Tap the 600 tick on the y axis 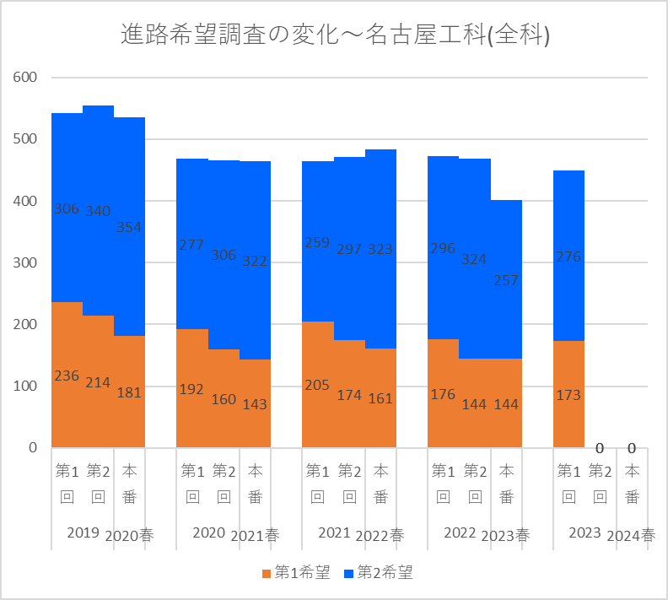click(x=26, y=78)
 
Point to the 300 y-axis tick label click(x=26, y=262)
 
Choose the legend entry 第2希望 click(x=379, y=573)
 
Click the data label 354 click(x=129, y=227)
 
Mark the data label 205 click(x=318, y=385)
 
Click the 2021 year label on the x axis click(x=334, y=532)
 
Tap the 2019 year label click(x=83, y=532)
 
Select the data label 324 click(x=475, y=259)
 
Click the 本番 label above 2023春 click(x=506, y=484)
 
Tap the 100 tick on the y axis click(x=26, y=386)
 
